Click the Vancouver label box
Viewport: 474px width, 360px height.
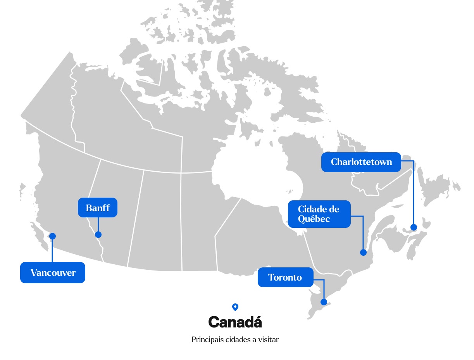click(x=53, y=273)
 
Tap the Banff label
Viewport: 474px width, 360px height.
click(x=98, y=208)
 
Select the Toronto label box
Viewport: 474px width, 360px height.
click(x=285, y=277)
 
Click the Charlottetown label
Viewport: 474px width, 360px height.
click(x=361, y=162)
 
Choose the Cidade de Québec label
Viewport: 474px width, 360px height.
click(x=319, y=214)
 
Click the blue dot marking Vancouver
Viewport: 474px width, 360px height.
click(x=52, y=236)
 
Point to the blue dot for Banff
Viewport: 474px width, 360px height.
click(x=98, y=234)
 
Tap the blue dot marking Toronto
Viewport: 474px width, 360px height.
click(x=324, y=302)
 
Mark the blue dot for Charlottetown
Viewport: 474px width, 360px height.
click(x=414, y=227)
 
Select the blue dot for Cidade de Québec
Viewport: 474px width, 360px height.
click(x=363, y=252)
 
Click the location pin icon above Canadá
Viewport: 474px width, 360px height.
click(x=235, y=307)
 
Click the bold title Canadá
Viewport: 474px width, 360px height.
click(x=235, y=322)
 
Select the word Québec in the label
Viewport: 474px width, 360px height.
click(x=314, y=219)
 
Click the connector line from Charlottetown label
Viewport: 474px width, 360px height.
click(x=414, y=194)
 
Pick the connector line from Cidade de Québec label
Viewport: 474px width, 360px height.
click(x=363, y=233)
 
